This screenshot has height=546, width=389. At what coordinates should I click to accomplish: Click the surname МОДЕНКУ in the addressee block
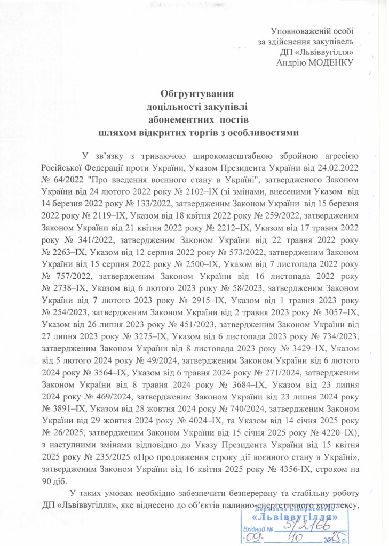330,62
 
